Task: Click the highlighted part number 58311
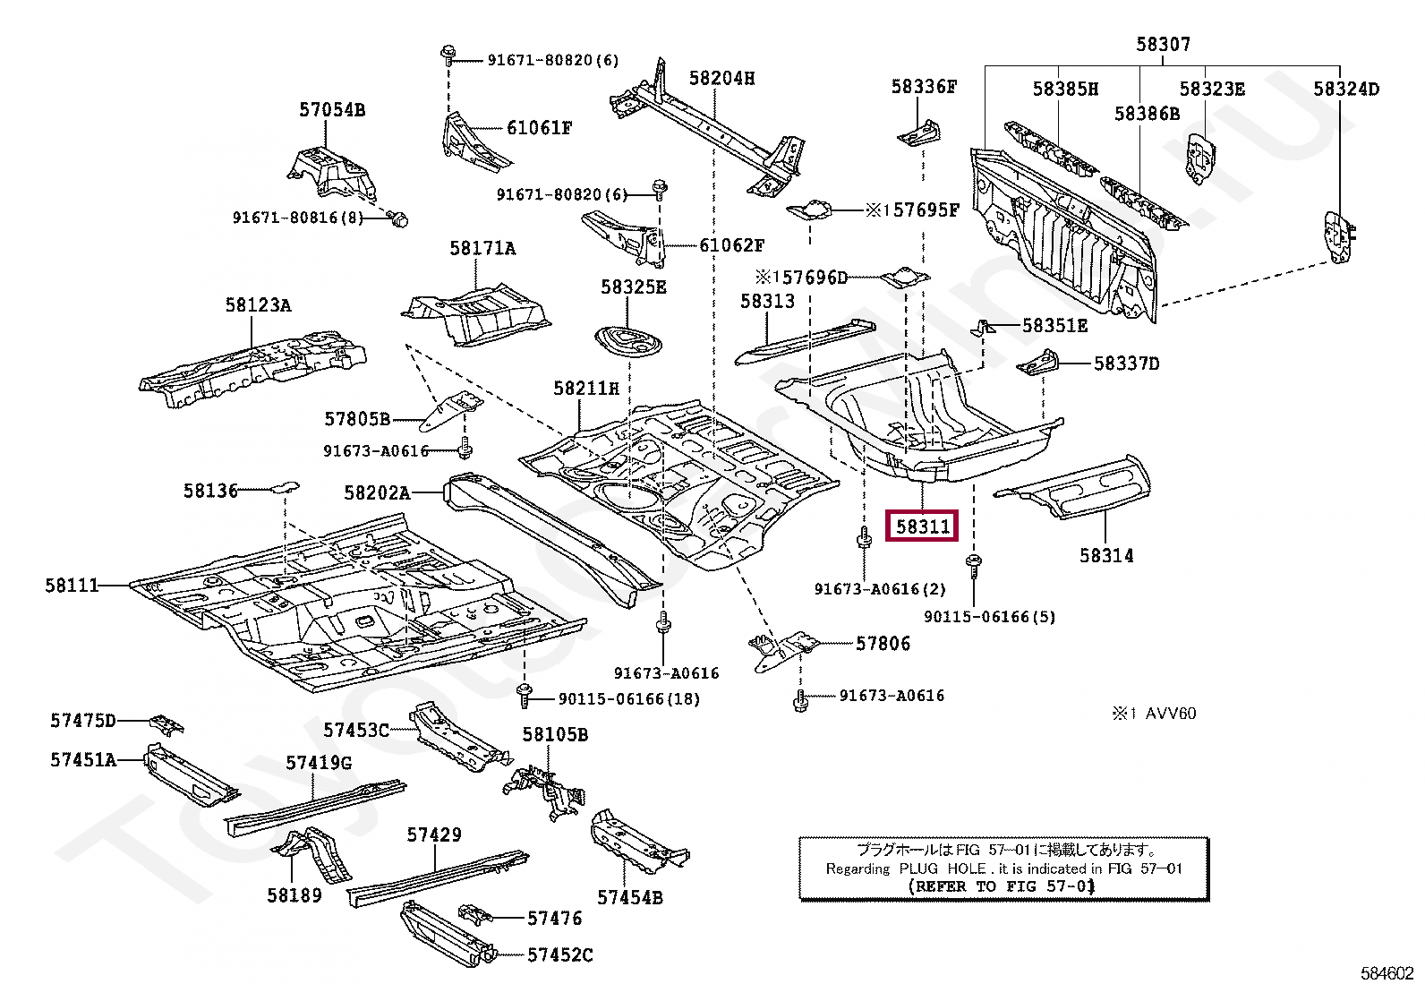tap(922, 526)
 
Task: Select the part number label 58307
tap(1163, 44)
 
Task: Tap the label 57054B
tap(332, 110)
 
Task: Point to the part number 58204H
tap(721, 79)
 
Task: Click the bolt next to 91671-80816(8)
tap(399, 218)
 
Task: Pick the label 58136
tap(210, 491)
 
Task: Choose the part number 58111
tap(72, 586)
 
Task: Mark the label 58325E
tap(633, 287)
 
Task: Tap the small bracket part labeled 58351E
tap(983, 328)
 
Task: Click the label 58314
tap(1106, 556)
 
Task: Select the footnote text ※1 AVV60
tap(1154, 714)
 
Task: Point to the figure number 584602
tap(1387, 973)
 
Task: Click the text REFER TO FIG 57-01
tap(1002, 886)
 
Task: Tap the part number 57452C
tap(559, 955)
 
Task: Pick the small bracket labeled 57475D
tap(166, 723)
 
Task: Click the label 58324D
tap(1346, 89)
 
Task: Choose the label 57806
tap(883, 644)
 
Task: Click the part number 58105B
tap(555, 735)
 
